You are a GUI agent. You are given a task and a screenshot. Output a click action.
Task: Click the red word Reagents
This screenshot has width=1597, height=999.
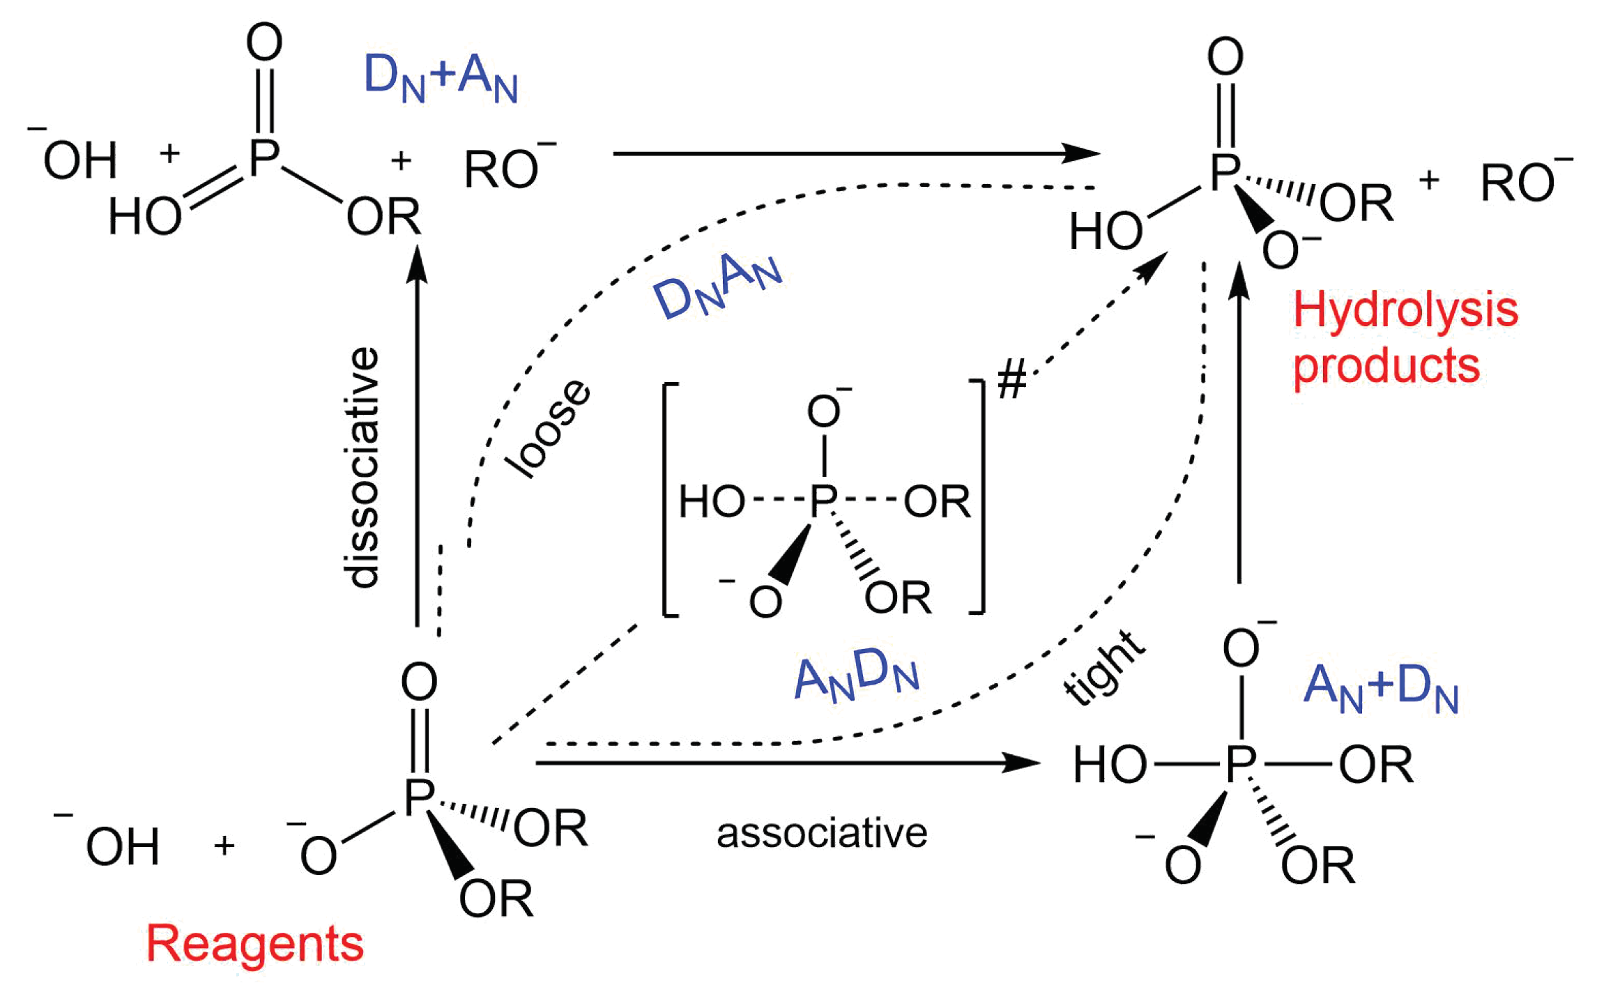coord(254,944)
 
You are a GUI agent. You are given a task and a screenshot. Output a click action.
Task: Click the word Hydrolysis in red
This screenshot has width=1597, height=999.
coord(1405,310)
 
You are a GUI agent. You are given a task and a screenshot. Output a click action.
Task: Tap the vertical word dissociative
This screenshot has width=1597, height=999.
coord(363,468)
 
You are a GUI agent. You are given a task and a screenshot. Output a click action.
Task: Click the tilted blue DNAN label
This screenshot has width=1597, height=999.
coord(718,286)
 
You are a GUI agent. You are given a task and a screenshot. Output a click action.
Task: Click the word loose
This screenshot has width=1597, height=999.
coord(549,430)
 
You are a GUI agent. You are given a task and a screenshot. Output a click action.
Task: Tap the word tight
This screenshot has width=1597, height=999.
coord(1103,667)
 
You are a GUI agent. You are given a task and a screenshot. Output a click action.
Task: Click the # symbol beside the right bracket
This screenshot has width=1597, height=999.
coord(1011,381)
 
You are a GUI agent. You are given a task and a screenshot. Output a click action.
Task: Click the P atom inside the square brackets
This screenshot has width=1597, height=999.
coord(823,501)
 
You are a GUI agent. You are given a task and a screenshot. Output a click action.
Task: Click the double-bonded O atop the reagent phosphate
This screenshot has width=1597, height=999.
coord(419,682)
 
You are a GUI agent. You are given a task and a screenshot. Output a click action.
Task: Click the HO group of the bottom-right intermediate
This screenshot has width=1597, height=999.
coord(1110,765)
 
